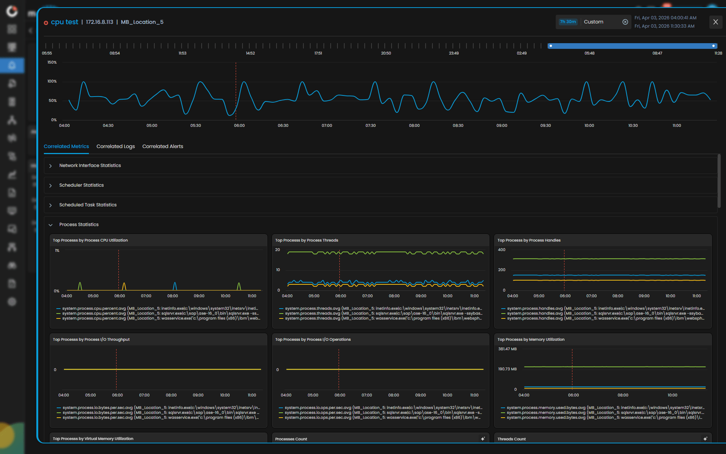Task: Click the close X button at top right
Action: tap(715, 22)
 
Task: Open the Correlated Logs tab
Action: tap(115, 147)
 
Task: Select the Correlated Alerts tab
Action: tap(163, 147)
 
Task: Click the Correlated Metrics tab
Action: tap(66, 147)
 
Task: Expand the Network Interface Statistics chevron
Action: tap(50, 166)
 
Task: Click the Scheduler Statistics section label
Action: tap(81, 185)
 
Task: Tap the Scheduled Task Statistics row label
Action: tap(88, 205)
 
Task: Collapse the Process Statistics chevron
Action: tap(50, 225)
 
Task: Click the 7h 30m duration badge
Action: tap(568, 22)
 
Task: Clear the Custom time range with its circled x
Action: tap(625, 22)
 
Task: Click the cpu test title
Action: tap(64, 22)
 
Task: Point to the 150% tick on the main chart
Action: tap(52, 62)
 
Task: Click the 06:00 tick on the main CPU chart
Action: tap(239, 126)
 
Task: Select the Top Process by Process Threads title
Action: tap(306, 240)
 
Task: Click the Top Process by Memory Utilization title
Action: tap(531, 340)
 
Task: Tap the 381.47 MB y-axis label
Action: tap(507, 349)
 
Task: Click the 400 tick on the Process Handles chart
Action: tap(502, 250)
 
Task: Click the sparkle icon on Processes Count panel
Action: tap(483, 439)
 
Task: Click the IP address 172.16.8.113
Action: tap(99, 22)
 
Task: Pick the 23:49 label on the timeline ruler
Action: tap(454, 53)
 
